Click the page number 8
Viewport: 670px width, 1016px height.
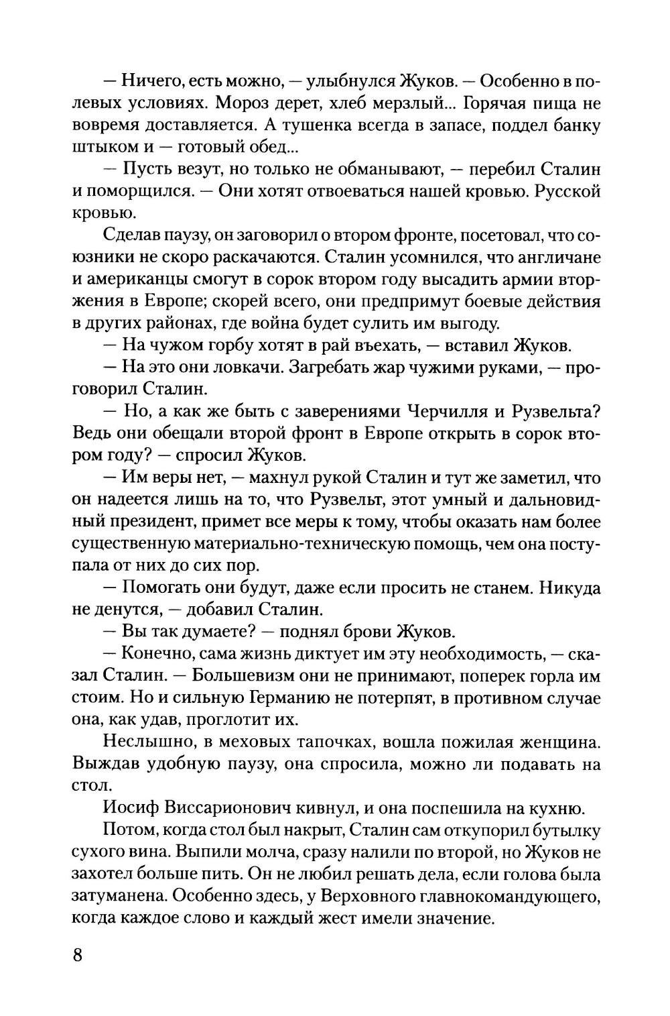[77, 955]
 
